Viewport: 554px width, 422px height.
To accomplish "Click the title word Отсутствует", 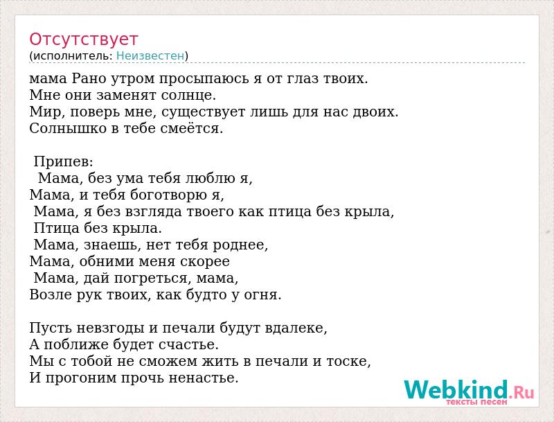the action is coord(83,39).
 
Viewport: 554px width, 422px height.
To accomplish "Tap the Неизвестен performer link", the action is coord(150,55).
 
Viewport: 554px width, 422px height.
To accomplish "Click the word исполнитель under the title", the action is coord(73,55).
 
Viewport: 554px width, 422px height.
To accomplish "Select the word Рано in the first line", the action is coord(89,78).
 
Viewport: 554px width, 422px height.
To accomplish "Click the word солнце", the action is coord(188,95).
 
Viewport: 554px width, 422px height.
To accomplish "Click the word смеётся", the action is coord(192,128).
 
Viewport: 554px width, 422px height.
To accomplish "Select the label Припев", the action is coord(63,162).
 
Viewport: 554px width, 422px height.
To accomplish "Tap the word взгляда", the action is coord(154,212).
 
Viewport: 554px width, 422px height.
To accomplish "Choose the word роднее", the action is coord(240,245).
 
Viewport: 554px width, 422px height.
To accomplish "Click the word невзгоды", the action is coord(110,328).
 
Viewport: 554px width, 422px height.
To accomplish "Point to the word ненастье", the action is coord(203,378).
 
